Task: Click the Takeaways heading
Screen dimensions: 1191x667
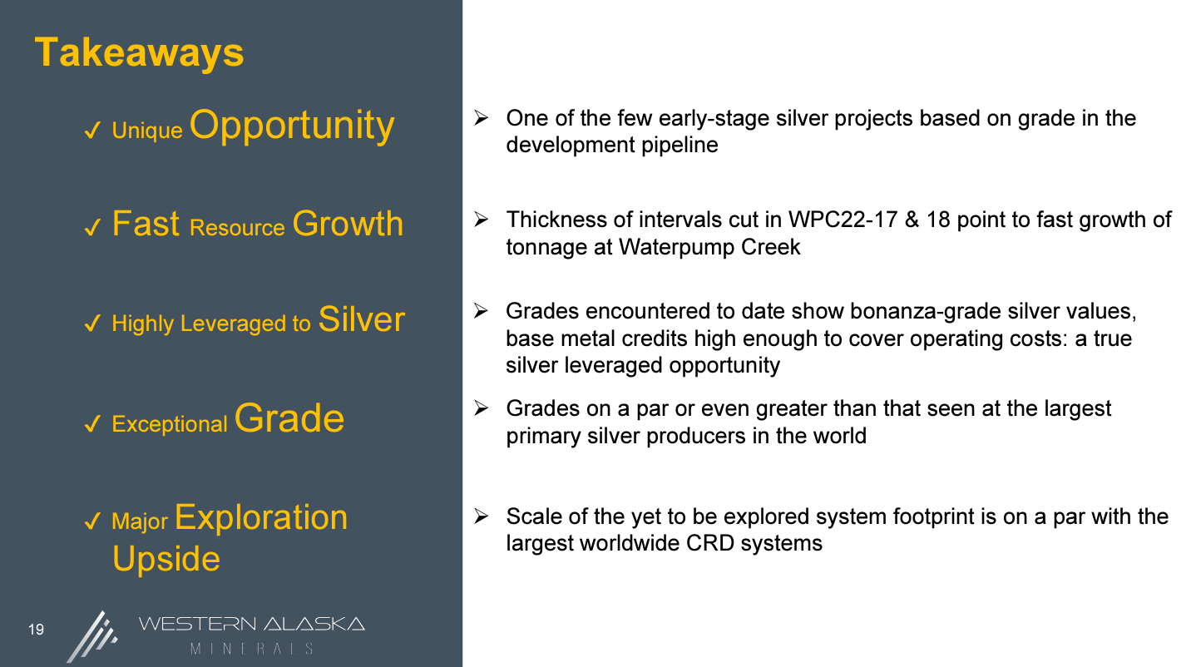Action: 139,53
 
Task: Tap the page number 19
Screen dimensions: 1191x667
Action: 36,630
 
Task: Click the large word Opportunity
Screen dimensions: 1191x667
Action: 292,126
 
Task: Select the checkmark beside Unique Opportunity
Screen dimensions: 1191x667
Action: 92,131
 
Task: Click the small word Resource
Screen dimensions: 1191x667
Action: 237,228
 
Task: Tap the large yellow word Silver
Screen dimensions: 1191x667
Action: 362,319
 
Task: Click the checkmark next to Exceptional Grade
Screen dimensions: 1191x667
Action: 92,424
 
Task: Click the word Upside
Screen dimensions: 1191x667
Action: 166,559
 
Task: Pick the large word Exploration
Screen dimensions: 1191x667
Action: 261,517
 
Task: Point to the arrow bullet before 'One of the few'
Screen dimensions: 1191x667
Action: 482,117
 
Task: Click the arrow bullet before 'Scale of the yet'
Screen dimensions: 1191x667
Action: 482,516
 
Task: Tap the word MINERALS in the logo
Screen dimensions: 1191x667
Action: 252,649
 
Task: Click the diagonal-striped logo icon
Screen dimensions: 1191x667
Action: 92,637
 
